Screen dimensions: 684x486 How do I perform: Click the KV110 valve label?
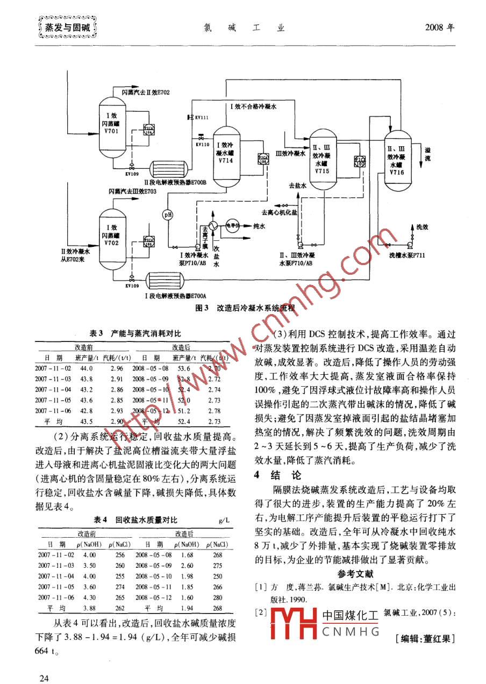coord(202,144)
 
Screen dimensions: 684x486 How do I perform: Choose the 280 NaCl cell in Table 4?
coord(217,597)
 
